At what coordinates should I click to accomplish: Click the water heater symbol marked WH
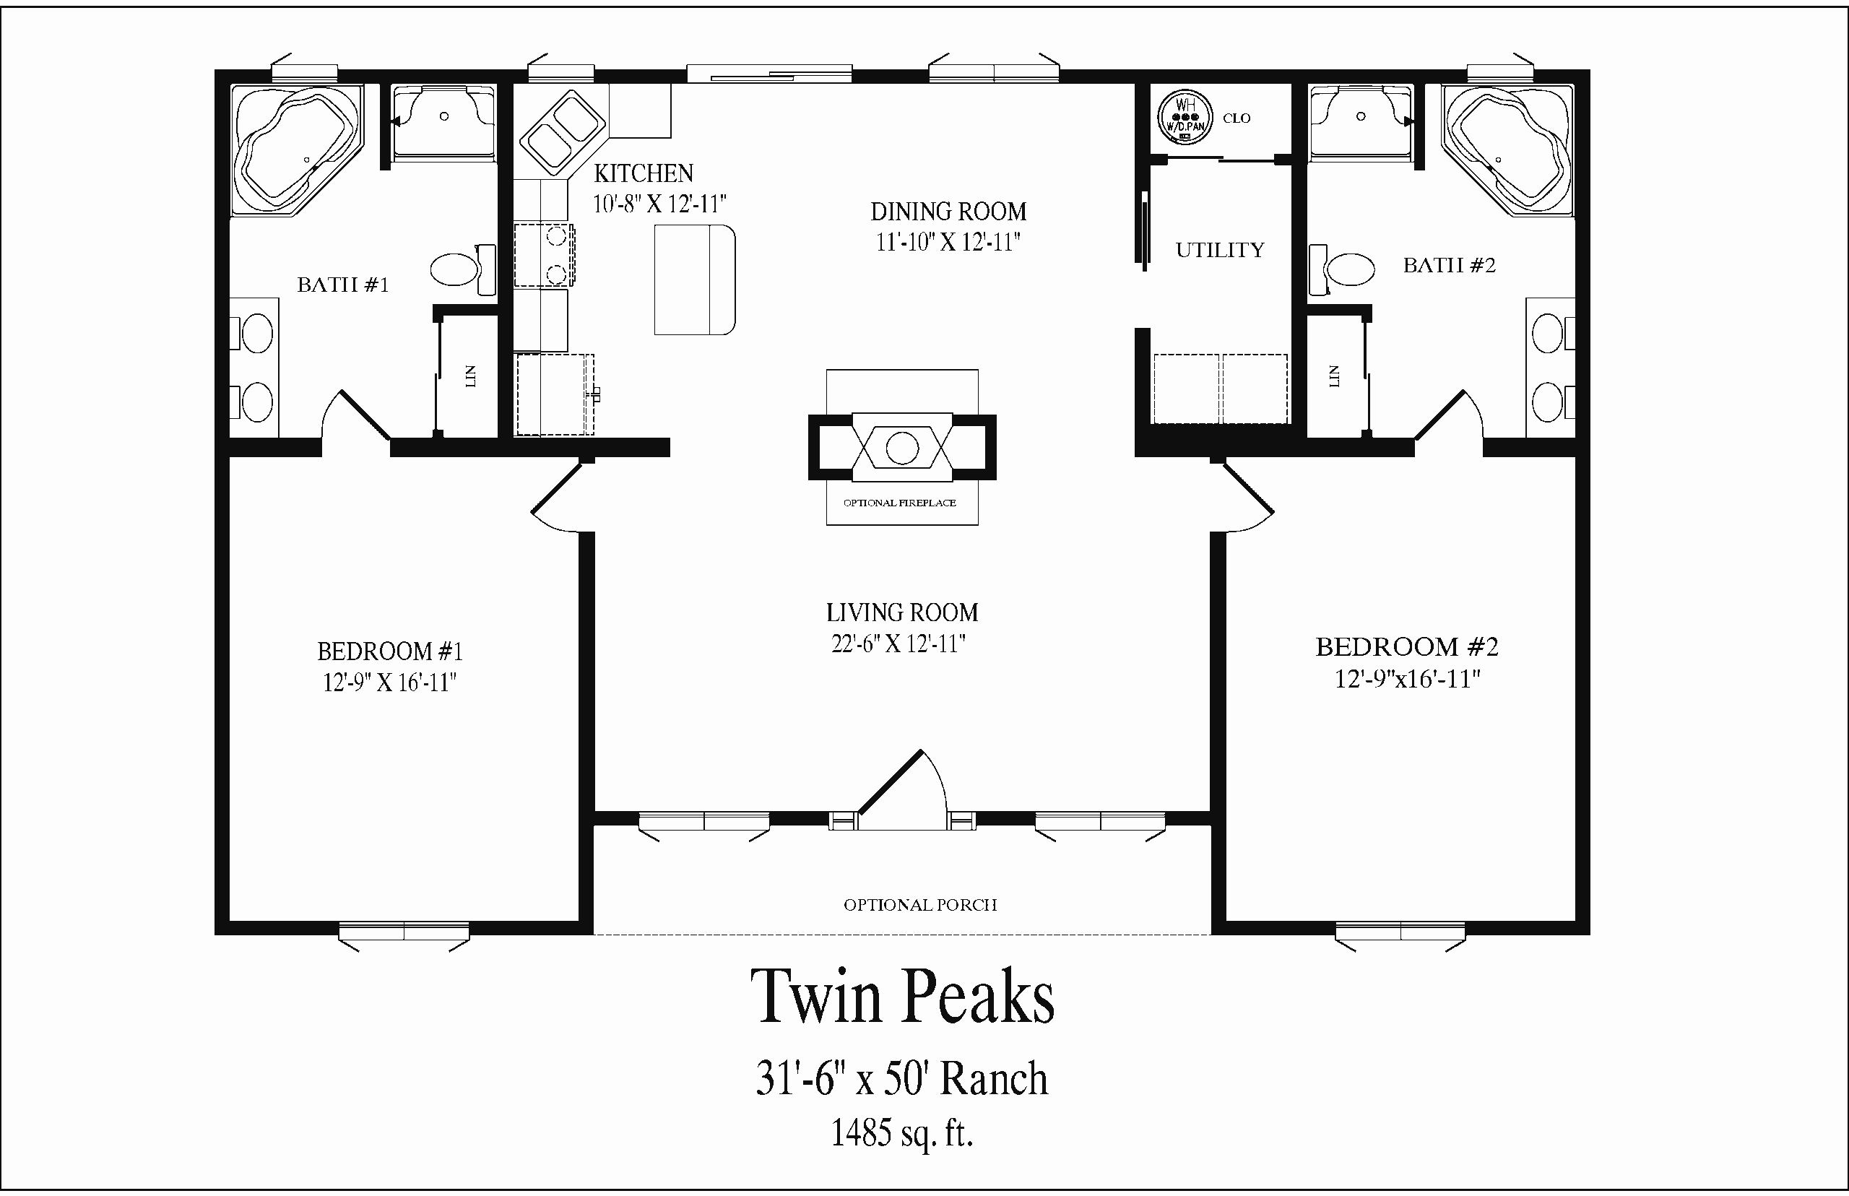(x=1185, y=117)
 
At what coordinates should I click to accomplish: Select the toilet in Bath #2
(x=1341, y=269)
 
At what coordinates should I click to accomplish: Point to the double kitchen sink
(x=563, y=132)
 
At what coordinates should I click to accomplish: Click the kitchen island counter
(x=694, y=279)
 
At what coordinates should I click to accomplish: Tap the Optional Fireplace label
(x=899, y=503)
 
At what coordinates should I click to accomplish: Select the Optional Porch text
(x=920, y=905)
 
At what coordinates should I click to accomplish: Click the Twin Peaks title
(x=902, y=997)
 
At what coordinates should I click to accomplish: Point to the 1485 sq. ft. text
(x=902, y=1133)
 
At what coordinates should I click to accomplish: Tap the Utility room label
(x=1220, y=250)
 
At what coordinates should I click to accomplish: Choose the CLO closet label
(x=1237, y=118)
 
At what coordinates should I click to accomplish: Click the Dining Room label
(x=948, y=211)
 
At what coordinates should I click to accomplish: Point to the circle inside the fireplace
(x=901, y=448)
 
